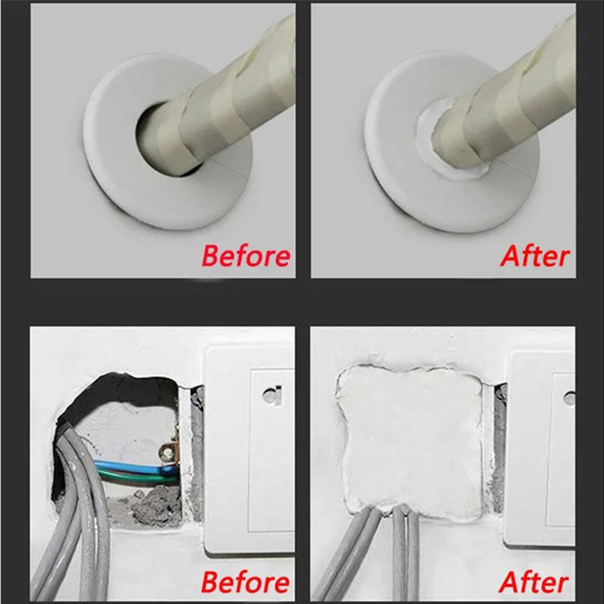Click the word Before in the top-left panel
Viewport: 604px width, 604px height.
pos(245,256)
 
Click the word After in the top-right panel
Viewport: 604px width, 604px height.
pos(534,256)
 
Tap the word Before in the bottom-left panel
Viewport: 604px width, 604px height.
pos(245,583)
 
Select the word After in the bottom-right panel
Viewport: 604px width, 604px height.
pos(534,583)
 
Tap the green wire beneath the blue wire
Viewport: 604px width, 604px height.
pos(136,476)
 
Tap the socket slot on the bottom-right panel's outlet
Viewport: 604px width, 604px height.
pos(569,396)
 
